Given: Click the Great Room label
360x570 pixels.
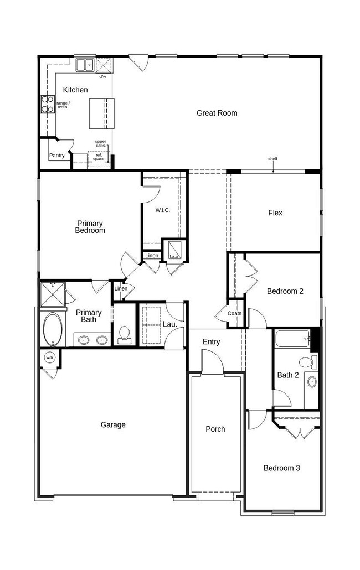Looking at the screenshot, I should point(217,113).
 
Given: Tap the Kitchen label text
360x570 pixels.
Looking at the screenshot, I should point(75,90).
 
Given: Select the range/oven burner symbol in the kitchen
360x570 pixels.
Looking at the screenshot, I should point(47,105).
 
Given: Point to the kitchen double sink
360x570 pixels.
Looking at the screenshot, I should point(85,65).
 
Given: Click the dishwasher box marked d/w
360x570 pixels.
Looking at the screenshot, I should point(104,65).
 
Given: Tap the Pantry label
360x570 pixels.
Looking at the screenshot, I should point(56,156).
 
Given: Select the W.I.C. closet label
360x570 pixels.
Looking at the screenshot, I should point(162,210).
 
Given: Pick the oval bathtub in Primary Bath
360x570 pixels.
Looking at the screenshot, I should point(54,329).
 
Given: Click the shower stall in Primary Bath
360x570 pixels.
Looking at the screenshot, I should point(53,293).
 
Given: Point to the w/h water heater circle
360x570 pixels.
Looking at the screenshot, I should point(49,357).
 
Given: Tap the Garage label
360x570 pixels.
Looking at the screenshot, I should point(113,425).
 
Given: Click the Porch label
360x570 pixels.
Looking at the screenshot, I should point(215,429).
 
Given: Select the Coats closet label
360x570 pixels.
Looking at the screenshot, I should point(234,314).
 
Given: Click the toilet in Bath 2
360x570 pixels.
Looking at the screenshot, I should point(306,362).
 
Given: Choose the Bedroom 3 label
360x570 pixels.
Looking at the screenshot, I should point(281,468).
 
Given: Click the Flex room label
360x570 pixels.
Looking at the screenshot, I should point(275,213).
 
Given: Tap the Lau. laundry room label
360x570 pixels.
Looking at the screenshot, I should point(171,324).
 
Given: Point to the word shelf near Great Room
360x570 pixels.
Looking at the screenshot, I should point(273,159).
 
